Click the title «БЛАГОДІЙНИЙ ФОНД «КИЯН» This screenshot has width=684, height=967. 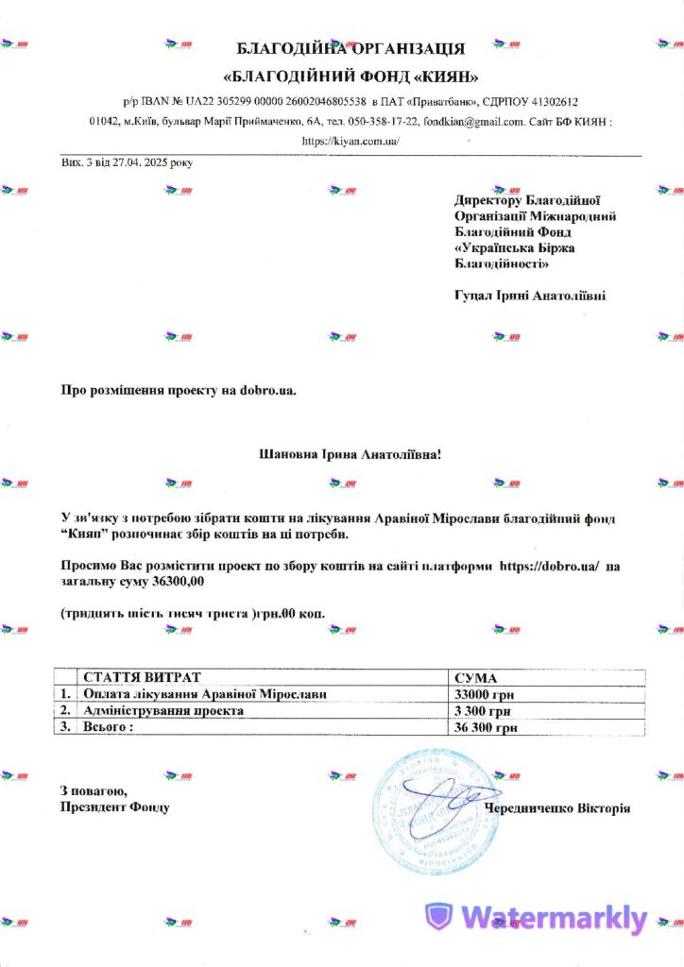pyautogui.click(x=351, y=76)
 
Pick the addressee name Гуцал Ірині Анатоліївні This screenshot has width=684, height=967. pyautogui.click(x=530, y=296)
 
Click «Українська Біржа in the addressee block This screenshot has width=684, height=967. pyautogui.click(x=515, y=247)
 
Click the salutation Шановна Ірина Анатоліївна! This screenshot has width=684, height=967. pyautogui.click(x=351, y=454)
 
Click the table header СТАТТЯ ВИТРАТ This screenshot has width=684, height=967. pyautogui.click(x=142, y=678)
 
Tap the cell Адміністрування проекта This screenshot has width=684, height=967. pyautogui.click(x=164, y=710)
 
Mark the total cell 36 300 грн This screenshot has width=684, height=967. pyautogui.click(x=486, y=727)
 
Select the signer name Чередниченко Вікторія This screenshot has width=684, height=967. pyautogui.click(x=556, y=808)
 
